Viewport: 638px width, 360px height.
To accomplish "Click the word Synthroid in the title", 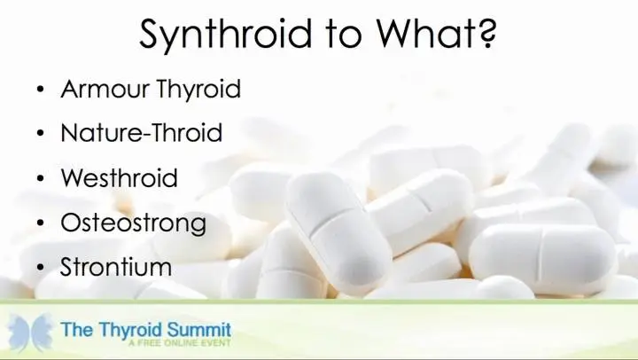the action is click(x=225, y=34).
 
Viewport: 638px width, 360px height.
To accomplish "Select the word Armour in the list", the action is click(x=105, y=89).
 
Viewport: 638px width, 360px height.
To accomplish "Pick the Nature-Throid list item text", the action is click(x=142, y=133).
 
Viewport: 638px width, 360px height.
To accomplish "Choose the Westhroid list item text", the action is click(x=120, y=177).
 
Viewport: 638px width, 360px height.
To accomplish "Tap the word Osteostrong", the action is click(x=134, y=223).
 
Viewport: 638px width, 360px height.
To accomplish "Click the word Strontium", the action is click(x=116, y=267).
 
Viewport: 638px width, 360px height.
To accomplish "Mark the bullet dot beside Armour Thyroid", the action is click(x=40, y=90).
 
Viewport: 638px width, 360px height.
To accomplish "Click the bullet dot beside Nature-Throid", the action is click(x=40, y=134).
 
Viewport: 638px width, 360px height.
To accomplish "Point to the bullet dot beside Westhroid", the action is click(x=40, y=178).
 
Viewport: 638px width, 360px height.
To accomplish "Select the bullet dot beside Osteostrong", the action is click(x=40, y=223).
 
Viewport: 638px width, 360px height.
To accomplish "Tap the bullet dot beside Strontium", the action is click(x=40, y=268).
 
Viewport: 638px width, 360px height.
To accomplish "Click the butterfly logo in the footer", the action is click(x=30, y=332).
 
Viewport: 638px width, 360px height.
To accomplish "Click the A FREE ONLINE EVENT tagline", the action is click(x=180, y=343).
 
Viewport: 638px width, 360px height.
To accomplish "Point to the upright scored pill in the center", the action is click(x=338, y=233).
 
